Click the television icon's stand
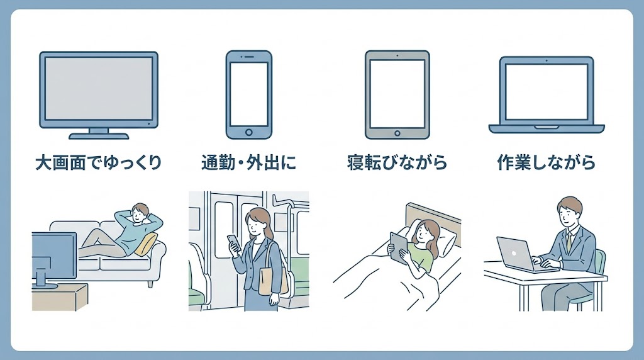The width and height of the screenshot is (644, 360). [99, 134]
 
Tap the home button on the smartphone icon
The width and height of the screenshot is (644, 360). [249, 132]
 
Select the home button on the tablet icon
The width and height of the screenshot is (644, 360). [397, 133]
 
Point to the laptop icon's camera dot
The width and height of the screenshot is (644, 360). [547, 60]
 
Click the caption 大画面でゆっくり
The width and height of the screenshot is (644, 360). [99, 163]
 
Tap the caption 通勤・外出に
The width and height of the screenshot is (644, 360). [249, 163]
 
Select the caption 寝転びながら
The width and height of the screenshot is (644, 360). [397, 163]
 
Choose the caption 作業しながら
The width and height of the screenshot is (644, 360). [547, 163]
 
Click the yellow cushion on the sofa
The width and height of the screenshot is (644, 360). [147, 244]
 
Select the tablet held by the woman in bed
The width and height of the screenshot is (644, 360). [398, 249]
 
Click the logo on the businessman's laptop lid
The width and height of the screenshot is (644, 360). [514, 254]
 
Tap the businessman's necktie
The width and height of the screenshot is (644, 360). [569, 242]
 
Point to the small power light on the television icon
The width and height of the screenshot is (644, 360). [148, 123]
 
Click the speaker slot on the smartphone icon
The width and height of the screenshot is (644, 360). [248, 57]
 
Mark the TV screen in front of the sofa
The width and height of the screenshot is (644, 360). [53, 255]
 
